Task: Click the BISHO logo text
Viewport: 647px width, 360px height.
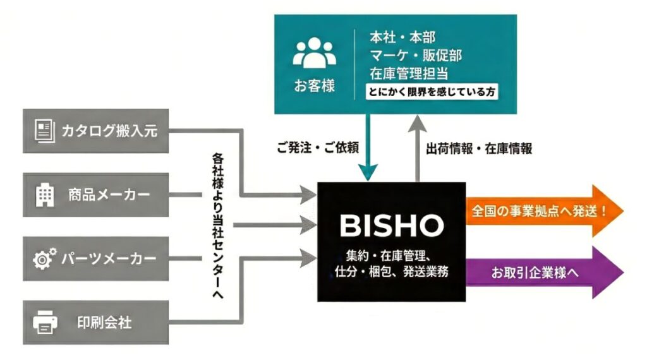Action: [391, 224]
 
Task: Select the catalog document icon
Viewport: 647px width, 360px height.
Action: [44, 131]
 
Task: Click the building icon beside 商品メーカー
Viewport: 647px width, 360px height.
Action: [44, 195]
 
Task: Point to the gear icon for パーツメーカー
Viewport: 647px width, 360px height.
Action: [44, 258]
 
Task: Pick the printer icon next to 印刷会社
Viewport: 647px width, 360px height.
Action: [44, 322]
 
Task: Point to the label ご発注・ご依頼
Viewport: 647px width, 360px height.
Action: [318, 148]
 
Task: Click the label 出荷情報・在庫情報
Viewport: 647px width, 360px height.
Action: [479, 148]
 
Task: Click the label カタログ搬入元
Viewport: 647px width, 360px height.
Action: [109, 131]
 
